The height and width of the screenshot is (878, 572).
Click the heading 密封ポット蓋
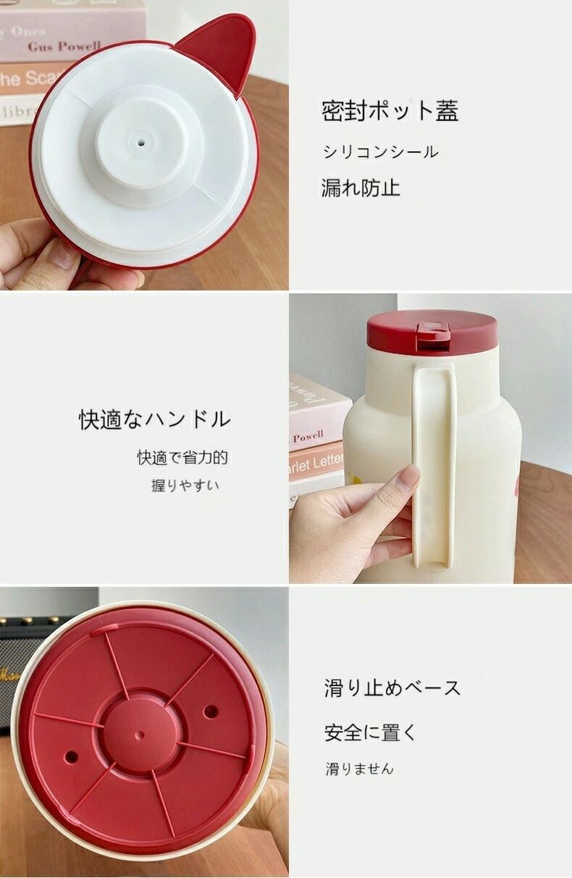click(390, 111)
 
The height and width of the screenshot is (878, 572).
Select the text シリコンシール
click(379, 152)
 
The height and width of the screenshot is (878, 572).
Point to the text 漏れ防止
click(361, 188)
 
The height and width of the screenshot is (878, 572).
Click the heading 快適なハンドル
click(154, 419)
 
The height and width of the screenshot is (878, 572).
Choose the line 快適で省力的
click(182, 457)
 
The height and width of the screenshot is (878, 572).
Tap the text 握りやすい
click(185, 485)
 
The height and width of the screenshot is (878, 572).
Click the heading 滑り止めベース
click(392, 688)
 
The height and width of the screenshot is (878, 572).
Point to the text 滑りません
click(359, 769)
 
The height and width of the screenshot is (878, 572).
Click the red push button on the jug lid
click(433, 335)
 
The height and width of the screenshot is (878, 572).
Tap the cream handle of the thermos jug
click(434, 467)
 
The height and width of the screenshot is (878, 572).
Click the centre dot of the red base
click(141, 734)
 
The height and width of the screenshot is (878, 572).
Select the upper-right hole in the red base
click(211, 708)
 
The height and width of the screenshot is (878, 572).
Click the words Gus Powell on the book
click(64, 46)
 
